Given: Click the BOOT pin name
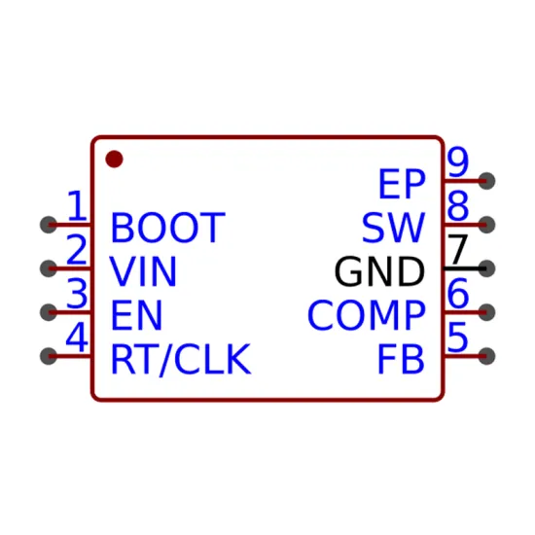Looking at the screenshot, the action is click(x=168, y=228).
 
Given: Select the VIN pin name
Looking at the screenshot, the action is click(x=143, y=271).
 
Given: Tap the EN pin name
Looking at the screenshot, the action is click(x=136, y=315).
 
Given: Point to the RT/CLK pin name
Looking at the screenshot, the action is click(x=181, y=359).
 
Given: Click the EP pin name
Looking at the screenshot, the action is click(x=403, y=184).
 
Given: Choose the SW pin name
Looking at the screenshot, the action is click(x=393, y=228).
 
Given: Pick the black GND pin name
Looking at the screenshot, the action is click(x=379, y=271).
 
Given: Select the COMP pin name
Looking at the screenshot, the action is click(x=367, y=315).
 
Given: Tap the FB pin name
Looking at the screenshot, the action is click(x=401, y=359).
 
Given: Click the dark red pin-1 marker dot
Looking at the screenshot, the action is click(x=115, y=159).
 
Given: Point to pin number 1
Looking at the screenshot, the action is click(x=78, y=205).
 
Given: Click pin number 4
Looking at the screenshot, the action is click(x=77, y=338).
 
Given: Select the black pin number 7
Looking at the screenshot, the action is click(x=457, y=249).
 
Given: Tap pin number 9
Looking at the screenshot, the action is click(x=458, y=161).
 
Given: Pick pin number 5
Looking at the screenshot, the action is click(x=457, y=338).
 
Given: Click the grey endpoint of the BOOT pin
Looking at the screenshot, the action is click(x=49, y=225).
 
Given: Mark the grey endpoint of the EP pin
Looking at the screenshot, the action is click(x=486, y=181).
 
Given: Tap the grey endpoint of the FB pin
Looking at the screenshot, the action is click(x=486, y=356).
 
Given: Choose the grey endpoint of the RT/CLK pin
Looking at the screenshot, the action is click(x=49, y=356).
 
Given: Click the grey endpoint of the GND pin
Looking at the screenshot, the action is click(x=486, y=268).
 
